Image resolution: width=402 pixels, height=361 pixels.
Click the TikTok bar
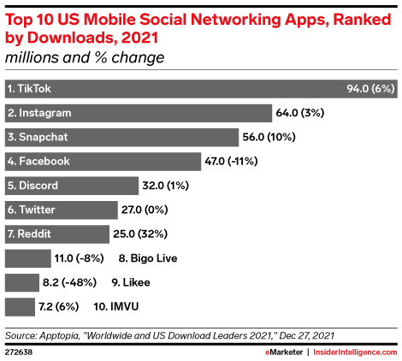(x=171, y=88)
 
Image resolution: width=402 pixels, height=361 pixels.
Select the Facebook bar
(x=103, y=161)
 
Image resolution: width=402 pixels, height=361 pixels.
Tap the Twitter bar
(x=61, y=210)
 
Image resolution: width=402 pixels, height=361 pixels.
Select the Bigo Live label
(x=142, y=257)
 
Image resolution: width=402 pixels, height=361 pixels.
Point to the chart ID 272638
(x=20, y=351)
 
